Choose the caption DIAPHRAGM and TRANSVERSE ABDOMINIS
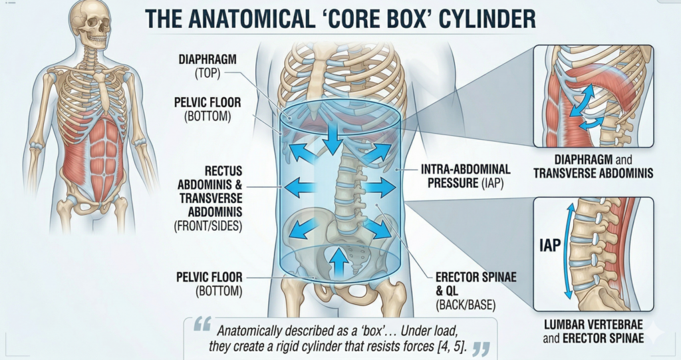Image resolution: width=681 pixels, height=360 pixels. [x=593, y=167]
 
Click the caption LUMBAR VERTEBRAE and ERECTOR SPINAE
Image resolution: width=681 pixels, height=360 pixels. [x=594, y=333]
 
